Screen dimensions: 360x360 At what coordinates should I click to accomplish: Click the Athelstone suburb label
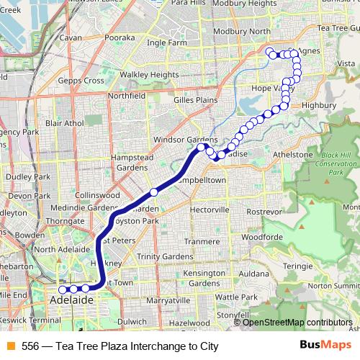(x=292, y=155)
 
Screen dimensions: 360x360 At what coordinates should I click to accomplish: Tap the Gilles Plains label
(x=196, y=99)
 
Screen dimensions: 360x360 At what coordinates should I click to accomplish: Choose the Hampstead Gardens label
(x=132, y=162)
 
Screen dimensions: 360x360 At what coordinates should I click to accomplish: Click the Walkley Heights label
(x=149, y=74)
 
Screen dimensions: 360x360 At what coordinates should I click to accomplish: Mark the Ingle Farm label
(x=166, y=42)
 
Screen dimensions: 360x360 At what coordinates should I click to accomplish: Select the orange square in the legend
(x=9, y=346)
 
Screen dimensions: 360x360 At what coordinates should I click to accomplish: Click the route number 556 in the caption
(x=30, y=346)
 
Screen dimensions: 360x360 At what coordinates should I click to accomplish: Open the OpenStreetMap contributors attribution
(x=297, y=323)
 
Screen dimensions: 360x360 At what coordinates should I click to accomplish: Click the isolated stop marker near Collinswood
(x=153, y=192)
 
